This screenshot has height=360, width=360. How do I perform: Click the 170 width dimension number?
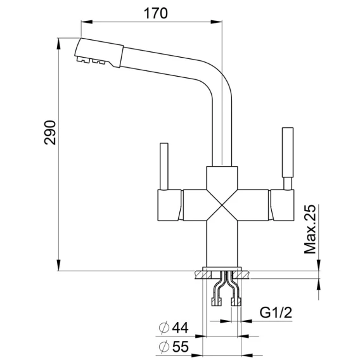[155, 13]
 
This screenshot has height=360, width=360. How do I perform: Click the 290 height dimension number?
[50, 132]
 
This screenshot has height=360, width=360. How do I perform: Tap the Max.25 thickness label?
[310, 229]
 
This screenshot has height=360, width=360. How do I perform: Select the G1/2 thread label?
[276, 312]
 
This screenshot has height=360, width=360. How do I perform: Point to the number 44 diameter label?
[180, 328]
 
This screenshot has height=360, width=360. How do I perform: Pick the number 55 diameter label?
[181, 347]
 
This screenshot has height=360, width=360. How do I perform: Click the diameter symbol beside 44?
[164, 328]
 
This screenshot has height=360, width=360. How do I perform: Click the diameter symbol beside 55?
[164, 347]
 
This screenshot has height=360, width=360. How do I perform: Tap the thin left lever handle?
[164, 167]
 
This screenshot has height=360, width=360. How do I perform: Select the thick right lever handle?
[288, 158]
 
